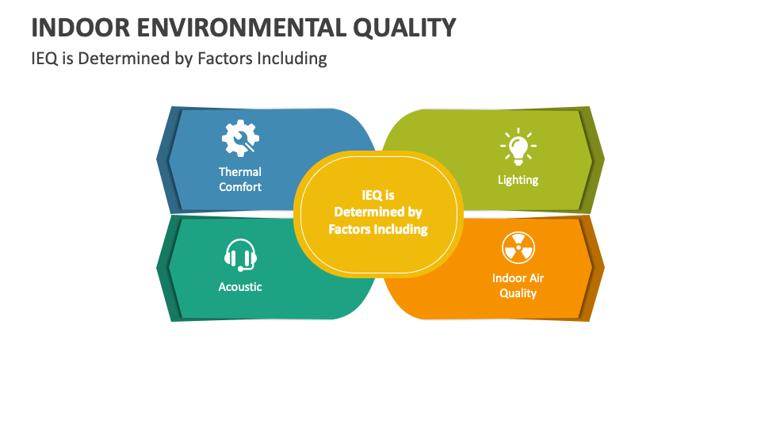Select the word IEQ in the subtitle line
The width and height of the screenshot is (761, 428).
tap(44, 59)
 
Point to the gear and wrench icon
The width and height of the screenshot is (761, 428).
tap(239, 138)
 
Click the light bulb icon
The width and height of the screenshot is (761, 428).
tap(518, 146)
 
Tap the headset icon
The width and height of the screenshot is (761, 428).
tap(240, 255)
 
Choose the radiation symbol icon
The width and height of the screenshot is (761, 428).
tap(518, 248)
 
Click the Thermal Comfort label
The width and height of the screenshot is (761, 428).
tap(240, 179)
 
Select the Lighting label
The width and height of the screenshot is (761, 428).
tap(518, 180)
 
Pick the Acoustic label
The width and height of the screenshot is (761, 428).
tap(240, 287)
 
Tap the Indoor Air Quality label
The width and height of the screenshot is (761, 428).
tap(518, 285)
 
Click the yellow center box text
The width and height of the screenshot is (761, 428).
tap(378, 212)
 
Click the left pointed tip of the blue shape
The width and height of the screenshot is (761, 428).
tap(158, 159)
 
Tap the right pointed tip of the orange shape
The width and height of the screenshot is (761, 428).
tap(603, 266)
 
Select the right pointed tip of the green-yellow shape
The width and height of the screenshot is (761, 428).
tap(603, 159)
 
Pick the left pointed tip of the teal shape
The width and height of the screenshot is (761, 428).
tap(158, 266)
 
